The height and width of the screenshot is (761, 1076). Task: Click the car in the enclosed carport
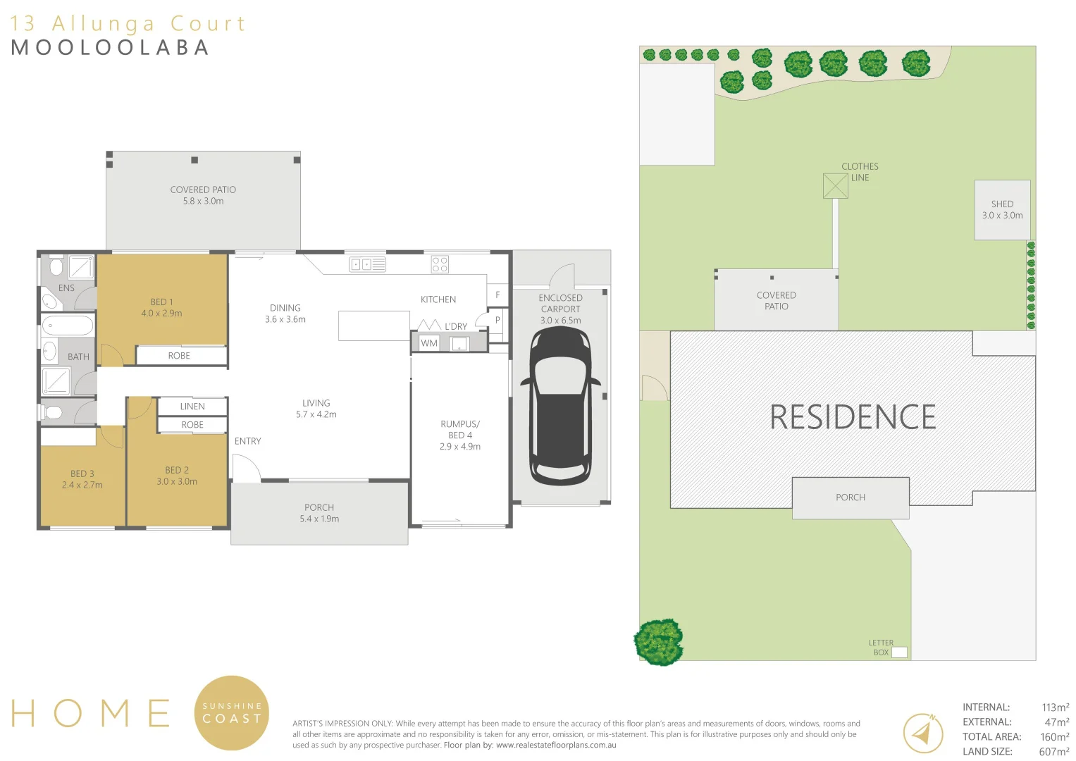click(560, 407)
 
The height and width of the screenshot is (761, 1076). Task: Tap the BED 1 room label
click(161, 302)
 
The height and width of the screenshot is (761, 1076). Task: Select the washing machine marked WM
click(429, 343)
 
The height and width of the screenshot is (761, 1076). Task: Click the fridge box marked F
click(497, 295)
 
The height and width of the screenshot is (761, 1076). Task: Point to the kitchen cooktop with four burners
click(440, 264)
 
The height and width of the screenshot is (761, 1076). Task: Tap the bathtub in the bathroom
click(68, 326)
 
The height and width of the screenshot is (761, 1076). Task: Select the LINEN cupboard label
click(192, 407)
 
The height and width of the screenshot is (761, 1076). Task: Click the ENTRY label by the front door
click(247, 441)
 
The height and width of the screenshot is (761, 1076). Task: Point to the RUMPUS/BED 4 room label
click(460, 429)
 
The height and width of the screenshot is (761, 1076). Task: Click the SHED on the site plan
click(1002, 210)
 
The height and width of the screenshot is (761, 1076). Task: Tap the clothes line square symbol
click(835, 186)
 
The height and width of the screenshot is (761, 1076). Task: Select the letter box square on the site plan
click(899, 652)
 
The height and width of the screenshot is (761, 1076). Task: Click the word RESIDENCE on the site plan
click(853, 417)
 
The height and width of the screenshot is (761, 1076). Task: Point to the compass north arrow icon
click(923, 734)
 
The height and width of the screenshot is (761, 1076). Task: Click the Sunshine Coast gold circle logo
click(232, 712)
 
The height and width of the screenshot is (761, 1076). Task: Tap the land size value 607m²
click(1053, 751)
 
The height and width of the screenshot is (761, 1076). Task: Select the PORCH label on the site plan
click(851, 497)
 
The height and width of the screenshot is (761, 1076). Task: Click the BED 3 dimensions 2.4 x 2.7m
click(82, 485)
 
